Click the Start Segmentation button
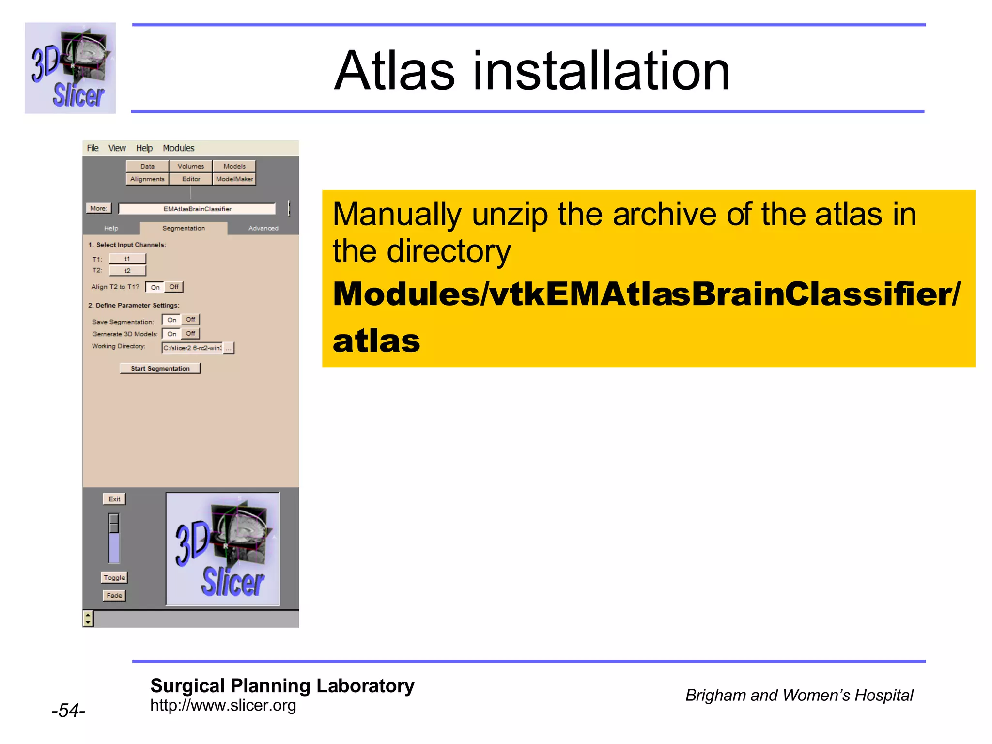click(160, 368)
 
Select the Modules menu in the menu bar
click(178, 148)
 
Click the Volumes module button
click(190, 166)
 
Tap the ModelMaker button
click(234, 179)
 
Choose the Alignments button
click(147, 179)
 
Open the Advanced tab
click(263, 228)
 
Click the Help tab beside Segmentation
click(111, 228)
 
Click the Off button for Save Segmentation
click(190, 320)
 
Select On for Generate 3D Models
click(171, 334)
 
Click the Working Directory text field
click(192, 348)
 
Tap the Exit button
click(114, 499)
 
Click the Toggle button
click(114, 577)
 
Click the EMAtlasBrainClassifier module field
click(197, 209)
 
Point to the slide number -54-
click(68, 711)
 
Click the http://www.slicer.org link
click(223, 705)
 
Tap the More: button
click(98, 208)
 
